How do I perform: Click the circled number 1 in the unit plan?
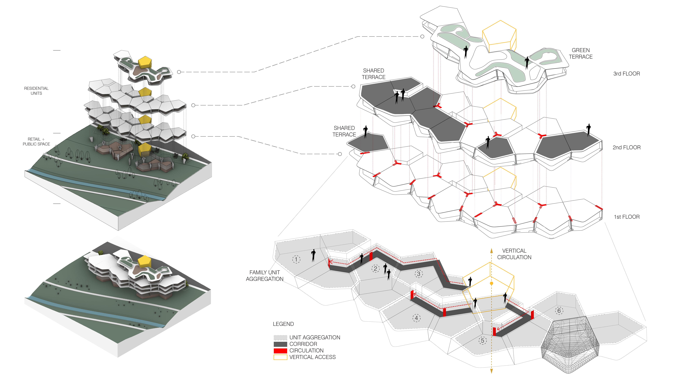click(x=296, y=259)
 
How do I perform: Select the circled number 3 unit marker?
click(x=418, y=274)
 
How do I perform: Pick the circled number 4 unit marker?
click(x=416, y=318)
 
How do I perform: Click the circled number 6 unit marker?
click(x=559, y=311)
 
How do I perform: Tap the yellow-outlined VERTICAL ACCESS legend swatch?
click(x=280, y=357)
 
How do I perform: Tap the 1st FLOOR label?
click(x=626, y=217)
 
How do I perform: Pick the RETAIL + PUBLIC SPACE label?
click(x=36, y=141)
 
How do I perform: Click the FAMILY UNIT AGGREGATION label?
click(x=264, y=275)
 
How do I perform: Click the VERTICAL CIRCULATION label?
click(x=514, y=254)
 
